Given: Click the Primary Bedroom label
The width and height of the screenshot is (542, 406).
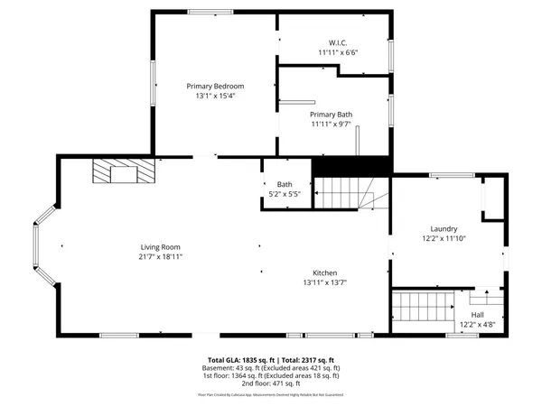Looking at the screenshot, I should click(x=216, y=86).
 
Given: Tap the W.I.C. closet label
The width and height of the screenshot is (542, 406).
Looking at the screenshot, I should click(x=338, y=42).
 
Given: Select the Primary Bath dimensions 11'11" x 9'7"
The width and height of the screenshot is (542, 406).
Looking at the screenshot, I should click(x=330, y=125).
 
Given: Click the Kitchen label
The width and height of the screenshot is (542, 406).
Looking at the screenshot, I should click(x=325, y=272).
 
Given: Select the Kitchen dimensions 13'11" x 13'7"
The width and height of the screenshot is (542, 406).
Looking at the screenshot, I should click(x=325, y=282).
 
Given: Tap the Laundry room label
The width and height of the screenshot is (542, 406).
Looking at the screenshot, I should click(x=444, y=229).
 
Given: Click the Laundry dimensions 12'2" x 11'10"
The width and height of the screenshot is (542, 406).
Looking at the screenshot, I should click(x=444, y=239).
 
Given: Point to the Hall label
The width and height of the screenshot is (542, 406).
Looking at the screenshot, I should click(x=478, y=314).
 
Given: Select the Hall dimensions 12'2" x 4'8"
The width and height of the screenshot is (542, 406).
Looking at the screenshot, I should click(x=478, y=324).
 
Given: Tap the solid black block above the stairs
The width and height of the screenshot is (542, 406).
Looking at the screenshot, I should click(x=350, y=167).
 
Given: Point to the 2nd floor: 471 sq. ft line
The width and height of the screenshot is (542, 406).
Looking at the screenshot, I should click(x=271, y=384).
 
